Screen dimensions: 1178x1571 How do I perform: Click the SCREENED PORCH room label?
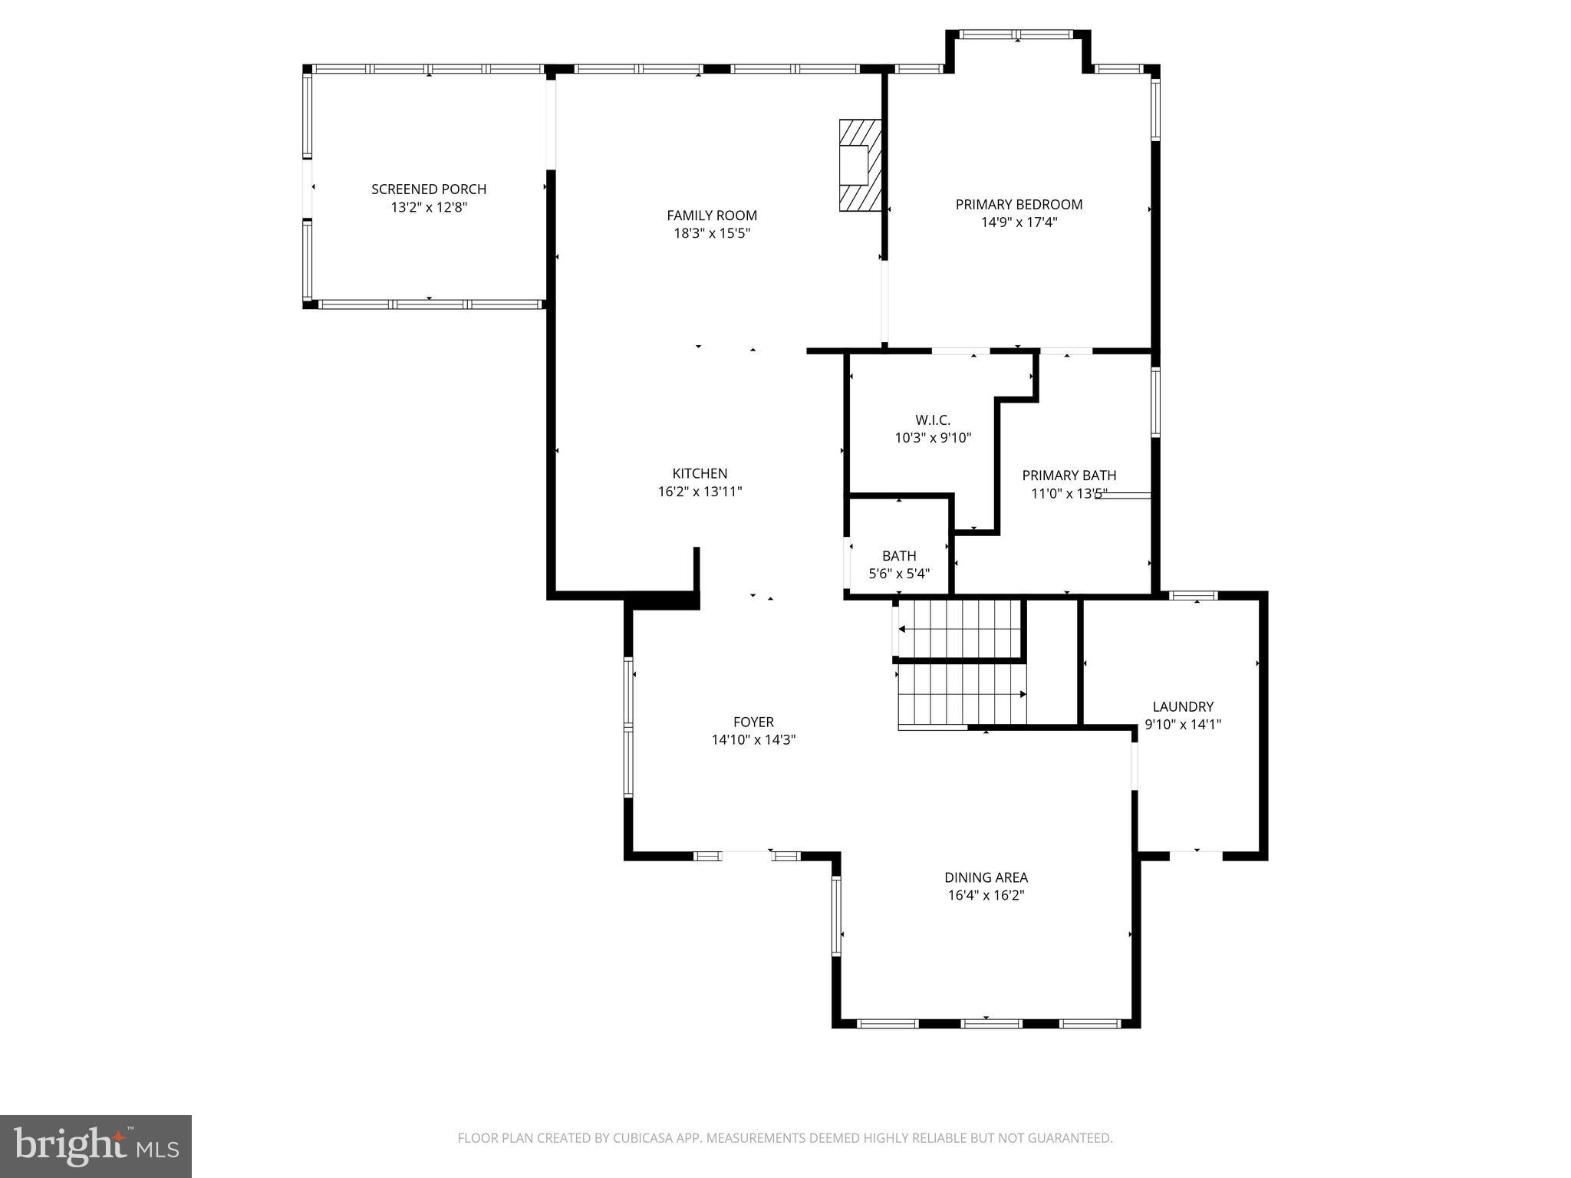[429, 189]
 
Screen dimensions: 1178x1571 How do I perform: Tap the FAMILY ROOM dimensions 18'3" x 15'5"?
[711, 234]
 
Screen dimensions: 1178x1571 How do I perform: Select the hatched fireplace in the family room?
[860, 165]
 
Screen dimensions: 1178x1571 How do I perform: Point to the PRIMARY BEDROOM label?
[1019, 205]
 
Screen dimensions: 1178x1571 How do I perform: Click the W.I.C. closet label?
[933, 420]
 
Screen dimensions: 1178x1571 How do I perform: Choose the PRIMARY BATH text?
[1069, 475]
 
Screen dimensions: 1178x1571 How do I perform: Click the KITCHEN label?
[700, 474]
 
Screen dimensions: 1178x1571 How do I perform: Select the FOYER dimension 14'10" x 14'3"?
[753, 740]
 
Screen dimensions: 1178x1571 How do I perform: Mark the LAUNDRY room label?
[1183, 707]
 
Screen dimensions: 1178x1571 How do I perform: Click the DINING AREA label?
[986, 877]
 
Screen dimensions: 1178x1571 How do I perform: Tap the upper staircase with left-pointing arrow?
[959, 629]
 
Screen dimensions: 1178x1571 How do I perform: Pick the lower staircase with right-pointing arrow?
[962, 694]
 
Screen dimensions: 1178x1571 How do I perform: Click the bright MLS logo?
[96, 1147]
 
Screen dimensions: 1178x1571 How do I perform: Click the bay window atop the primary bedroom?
[1017, 35]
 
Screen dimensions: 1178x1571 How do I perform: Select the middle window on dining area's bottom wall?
[990, 1023]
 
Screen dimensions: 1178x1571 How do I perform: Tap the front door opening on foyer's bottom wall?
[746, 855]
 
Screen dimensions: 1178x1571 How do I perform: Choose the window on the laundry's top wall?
[1193, 595]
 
